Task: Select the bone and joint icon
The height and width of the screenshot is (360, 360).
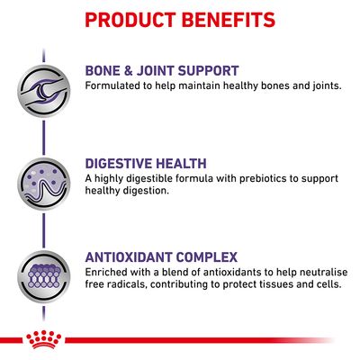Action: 40,81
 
